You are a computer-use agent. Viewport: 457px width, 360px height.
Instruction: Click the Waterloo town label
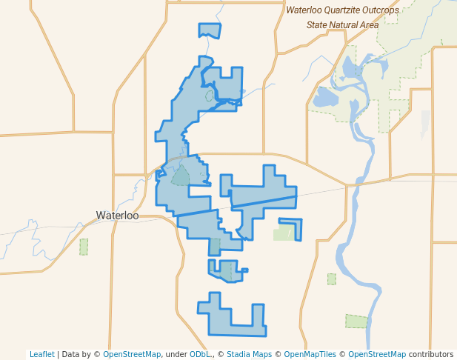117,216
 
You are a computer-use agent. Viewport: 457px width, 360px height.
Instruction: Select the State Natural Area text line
342,24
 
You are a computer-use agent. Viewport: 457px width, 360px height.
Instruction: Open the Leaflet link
41,354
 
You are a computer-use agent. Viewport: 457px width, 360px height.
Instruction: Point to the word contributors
430,354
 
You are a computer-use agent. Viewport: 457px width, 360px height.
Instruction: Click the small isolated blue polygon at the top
210,30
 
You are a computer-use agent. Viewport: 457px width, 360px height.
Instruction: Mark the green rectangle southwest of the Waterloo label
84,246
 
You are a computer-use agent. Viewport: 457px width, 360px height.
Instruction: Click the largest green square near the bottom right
356,321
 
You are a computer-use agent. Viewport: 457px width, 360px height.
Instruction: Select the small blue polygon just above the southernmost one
224,270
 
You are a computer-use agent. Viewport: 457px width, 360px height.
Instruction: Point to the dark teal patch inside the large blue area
181,176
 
